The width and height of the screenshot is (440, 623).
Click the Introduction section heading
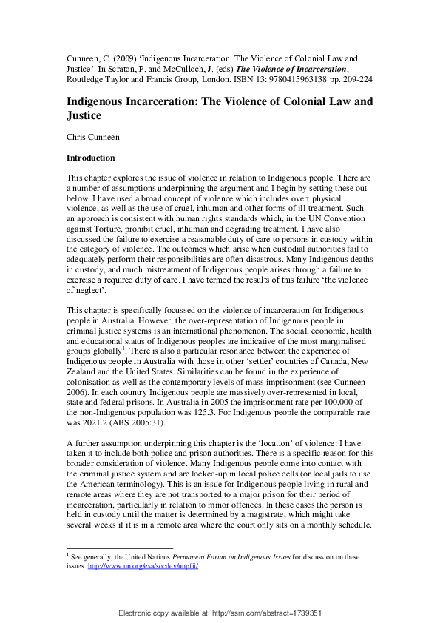click(x=91, y=158)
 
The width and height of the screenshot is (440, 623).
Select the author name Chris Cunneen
click(x=93, y=137)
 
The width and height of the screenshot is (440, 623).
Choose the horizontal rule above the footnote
click(x=119, y=548)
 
